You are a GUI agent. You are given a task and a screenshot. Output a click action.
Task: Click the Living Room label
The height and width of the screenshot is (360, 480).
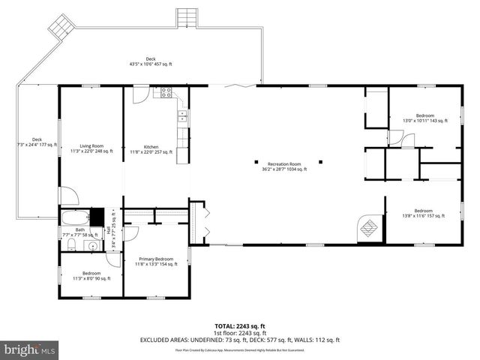click(x=91, y=148)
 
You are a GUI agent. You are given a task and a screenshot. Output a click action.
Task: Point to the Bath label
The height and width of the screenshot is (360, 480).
click(x=79, y=232)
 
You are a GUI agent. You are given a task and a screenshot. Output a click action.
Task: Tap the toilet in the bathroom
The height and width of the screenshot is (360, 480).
click(x=69, y=244)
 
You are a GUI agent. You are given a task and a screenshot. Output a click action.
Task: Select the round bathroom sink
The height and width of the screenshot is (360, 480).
click(x=93, y=244)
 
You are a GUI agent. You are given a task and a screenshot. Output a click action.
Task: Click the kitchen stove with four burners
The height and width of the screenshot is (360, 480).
click(x=166, y=93)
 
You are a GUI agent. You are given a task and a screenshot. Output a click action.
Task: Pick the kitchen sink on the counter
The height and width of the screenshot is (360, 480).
click(x=181, y=115)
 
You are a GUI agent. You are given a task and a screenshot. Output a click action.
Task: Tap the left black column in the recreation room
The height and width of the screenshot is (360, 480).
click(x=256, y=161)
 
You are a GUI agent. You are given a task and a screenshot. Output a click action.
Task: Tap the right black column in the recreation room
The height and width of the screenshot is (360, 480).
click(x=320, y=161)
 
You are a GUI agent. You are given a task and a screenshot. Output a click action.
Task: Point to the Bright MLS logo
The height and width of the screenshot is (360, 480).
click(x=28, y=349)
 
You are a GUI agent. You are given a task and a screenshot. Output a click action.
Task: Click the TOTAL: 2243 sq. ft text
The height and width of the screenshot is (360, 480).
click(x=239, y=326)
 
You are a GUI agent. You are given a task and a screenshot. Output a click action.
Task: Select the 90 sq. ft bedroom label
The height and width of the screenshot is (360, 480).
click(x=91, y=276)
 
